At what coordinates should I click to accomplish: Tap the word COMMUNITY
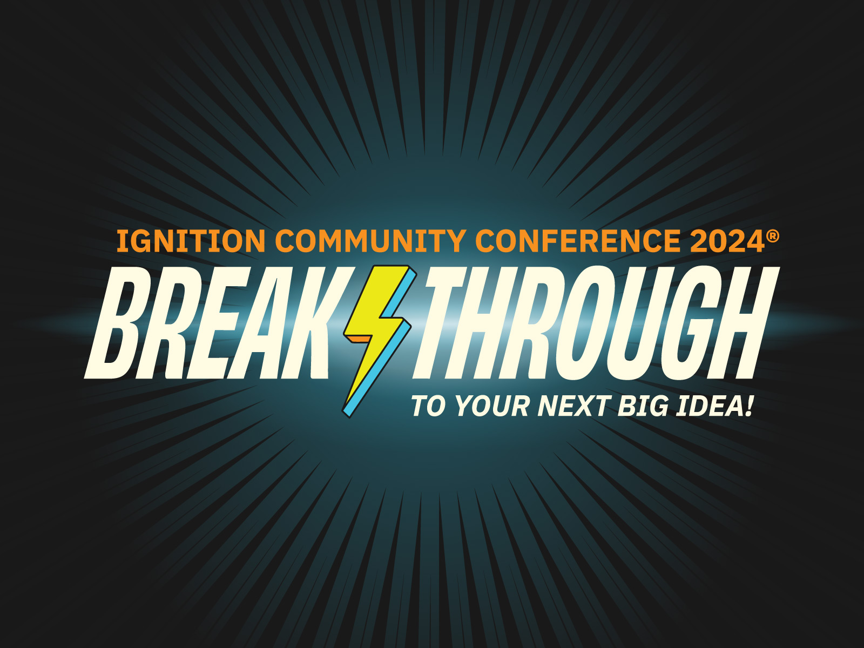[x=370, y=241]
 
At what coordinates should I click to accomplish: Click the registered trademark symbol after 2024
[x=773, y=236]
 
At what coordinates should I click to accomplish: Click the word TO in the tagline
[x=428, y=406]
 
